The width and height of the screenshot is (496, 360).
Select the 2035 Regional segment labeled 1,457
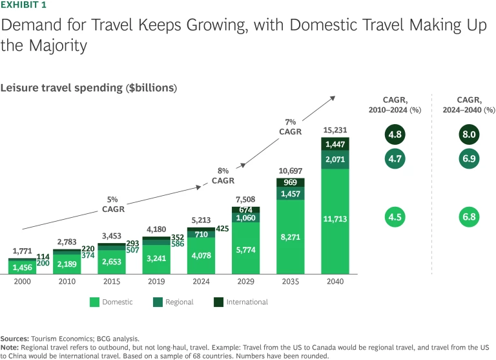290,194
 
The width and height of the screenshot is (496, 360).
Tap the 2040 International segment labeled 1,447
335,144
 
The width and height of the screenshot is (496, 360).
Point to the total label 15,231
335,130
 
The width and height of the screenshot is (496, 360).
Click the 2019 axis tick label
157,282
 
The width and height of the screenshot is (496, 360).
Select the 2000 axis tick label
22,282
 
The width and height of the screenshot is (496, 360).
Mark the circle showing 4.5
393,217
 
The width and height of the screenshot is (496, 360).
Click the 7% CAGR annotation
290,126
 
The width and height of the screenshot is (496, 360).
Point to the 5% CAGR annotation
114,204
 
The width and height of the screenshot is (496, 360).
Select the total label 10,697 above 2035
290,171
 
